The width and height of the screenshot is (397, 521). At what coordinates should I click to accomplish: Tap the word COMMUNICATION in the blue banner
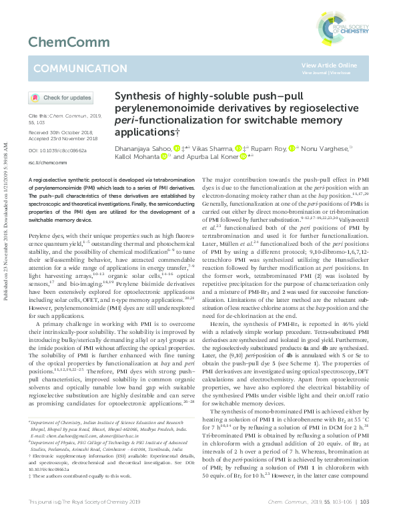click(x=71, y=68)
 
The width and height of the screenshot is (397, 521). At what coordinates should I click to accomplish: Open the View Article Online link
click(x=329, y=65)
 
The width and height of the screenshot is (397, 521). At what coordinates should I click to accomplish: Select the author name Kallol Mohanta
click(x=136, y=157)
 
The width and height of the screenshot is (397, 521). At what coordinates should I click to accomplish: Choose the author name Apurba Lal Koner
click(x=211, y=157)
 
